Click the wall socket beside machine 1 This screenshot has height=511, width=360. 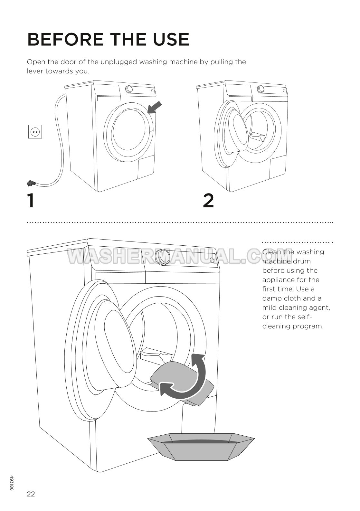[35, 132]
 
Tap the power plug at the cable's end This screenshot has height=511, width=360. [31, 184]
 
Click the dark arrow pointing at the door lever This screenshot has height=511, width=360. [154, 108]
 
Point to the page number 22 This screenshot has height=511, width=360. [31, 494]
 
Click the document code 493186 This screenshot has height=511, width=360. [12, 483]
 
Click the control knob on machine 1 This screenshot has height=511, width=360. [129, 89]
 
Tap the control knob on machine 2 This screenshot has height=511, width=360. [261, 89]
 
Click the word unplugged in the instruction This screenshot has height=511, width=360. [120, 62]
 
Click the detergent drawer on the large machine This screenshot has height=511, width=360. [120, 277]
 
